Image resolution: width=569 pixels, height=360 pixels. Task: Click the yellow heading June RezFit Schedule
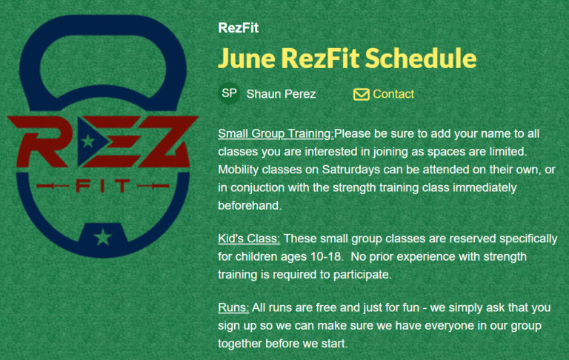[347, 59]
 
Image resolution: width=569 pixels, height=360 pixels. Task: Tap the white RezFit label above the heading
[238, 28]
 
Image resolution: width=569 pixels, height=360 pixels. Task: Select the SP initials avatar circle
[229, 93]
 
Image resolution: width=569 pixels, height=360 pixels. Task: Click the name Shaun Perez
[281, 94]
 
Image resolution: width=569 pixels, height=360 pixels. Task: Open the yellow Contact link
[393, 94]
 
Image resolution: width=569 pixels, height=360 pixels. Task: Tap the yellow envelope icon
[361, 94]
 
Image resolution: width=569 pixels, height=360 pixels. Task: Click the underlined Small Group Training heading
[276, 133]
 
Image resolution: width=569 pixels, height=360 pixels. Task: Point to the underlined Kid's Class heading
[249, 239]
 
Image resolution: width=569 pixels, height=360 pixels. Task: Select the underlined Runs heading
[233, 307]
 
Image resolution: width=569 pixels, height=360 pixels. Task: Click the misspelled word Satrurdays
[351, 170]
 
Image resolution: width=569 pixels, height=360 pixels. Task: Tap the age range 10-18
[326, 256]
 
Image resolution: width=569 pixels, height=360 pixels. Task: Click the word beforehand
[249, 205]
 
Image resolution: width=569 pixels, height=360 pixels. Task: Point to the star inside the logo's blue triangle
[88, 141]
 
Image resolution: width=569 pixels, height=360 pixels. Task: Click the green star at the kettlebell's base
[103, 237]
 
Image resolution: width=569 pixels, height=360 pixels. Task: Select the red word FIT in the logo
[103, 186]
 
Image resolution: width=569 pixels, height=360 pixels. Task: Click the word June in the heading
[247, 59]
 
